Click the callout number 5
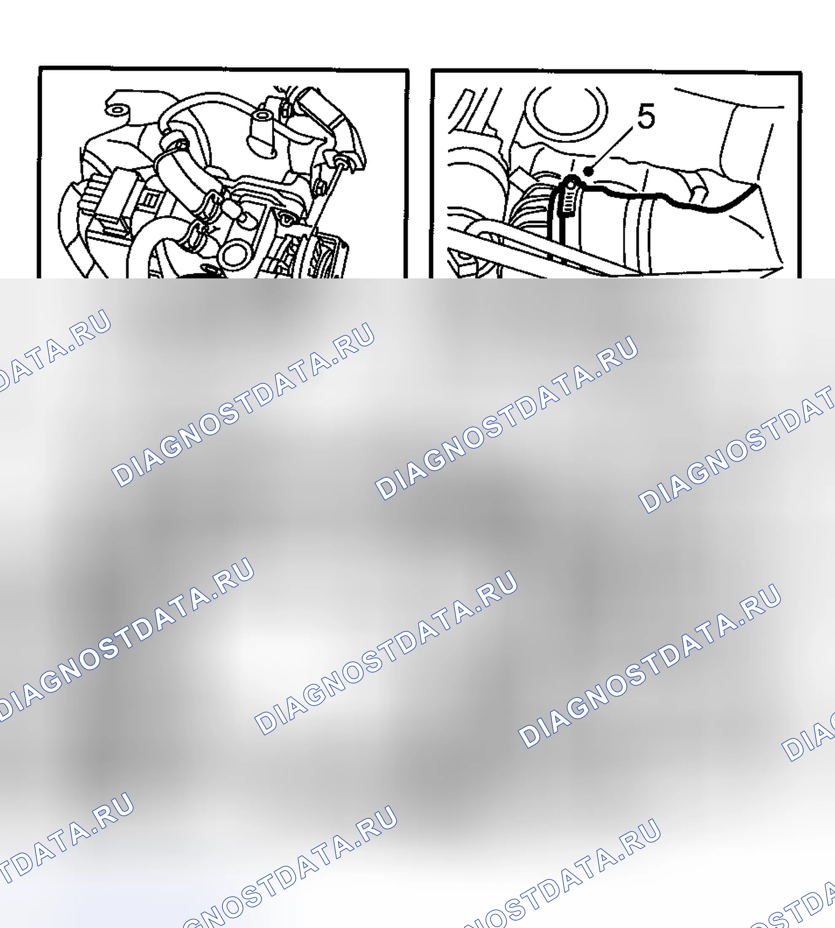(x=646, y=116)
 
